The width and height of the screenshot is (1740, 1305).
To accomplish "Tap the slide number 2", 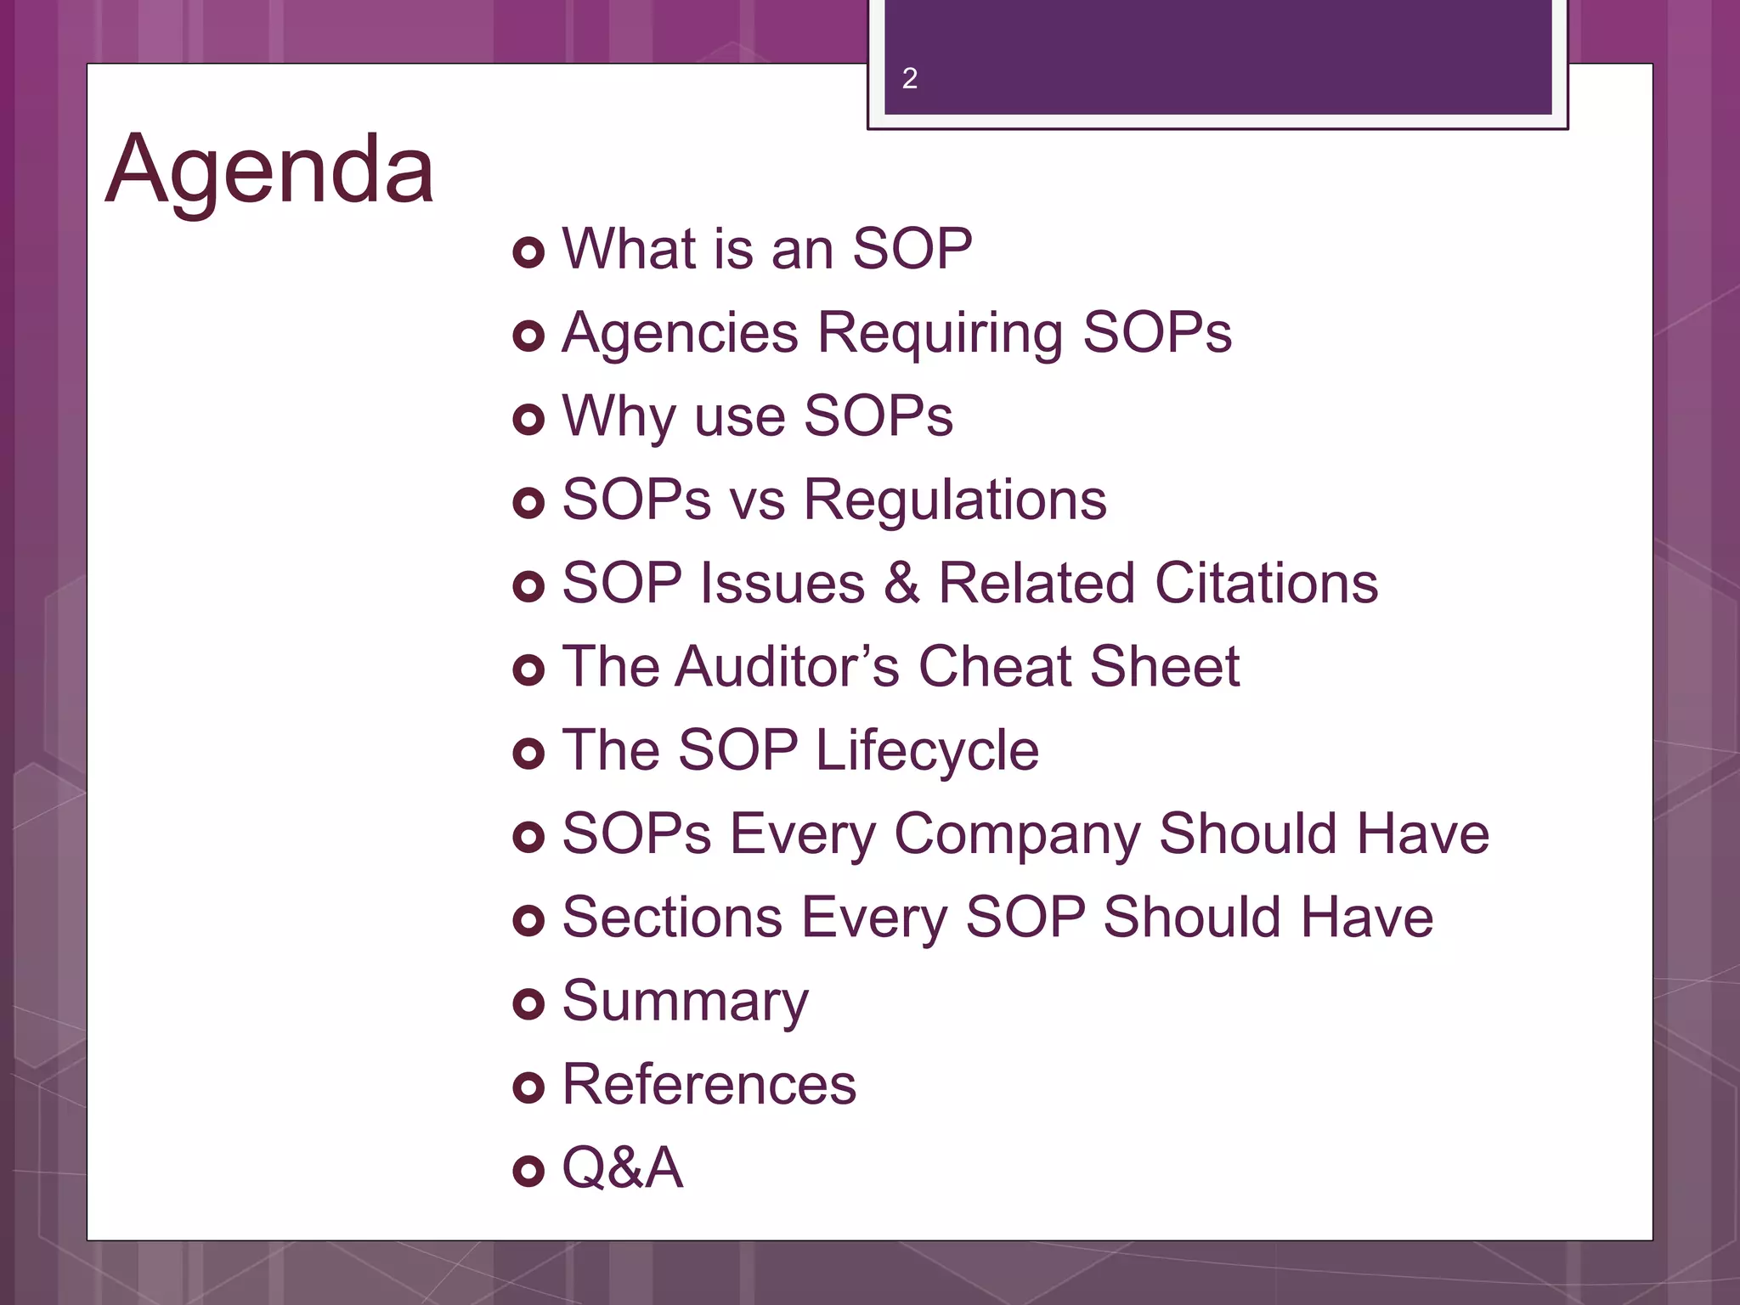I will tap(909, 78).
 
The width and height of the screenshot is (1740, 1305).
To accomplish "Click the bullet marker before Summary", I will tap(528, 1003).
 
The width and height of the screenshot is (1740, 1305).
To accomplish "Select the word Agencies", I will tap(680, 332).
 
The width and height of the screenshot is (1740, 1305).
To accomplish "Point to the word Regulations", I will tap(955, 500).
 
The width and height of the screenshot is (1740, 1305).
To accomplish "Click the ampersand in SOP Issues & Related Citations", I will tap(901, 583).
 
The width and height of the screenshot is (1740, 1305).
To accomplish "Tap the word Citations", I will tap(1266, 583).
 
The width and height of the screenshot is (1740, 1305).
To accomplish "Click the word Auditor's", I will tap(787, 666).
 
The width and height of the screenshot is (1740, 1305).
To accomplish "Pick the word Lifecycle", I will tap(927, 751).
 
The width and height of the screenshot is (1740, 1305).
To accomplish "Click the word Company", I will tap(1017, 834).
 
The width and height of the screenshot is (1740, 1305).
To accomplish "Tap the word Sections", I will tap(672, 918).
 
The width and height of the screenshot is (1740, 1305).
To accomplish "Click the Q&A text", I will tap(623, 1168).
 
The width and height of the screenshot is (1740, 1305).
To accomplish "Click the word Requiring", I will tap(940, 332).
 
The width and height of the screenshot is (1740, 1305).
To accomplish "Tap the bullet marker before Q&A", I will tap(528, 1171).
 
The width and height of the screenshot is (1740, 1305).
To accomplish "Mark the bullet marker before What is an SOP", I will tap(528, 252).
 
